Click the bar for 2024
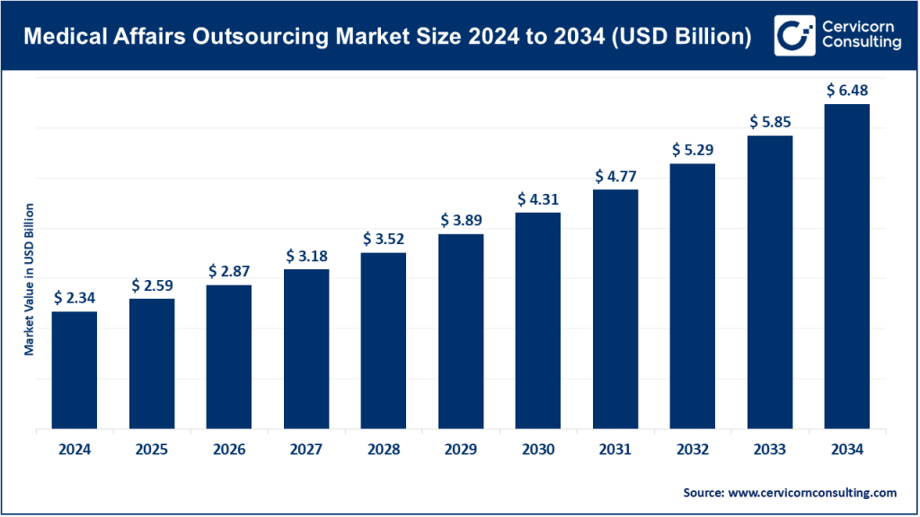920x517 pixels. [x=75, y=370]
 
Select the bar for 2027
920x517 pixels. [x=306, y=348]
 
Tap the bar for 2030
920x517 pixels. [x=538, y=320]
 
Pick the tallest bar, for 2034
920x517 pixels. [x=846, y=266]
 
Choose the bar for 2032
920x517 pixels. [x=693, y=295]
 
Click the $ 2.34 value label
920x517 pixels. [x=75, y=297]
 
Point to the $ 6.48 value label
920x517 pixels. [x=846, y=90]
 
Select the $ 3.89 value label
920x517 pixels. [x=461, y=220]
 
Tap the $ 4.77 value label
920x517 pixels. [x=615, y=175]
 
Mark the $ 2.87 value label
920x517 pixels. [x=229, y=270]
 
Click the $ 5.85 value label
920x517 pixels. [x=770, y=121]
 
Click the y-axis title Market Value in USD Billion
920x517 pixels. [x=29, y=279]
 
